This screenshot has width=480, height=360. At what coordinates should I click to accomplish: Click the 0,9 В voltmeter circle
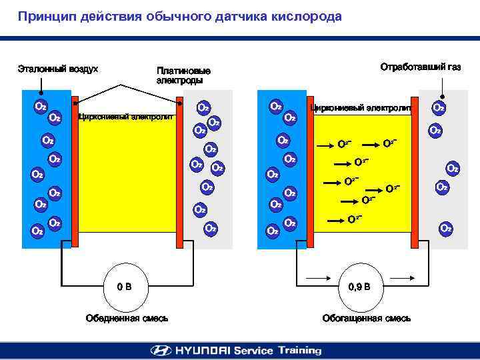[x=363, y=287]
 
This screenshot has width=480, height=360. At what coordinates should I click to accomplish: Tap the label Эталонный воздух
[x=58, y=69]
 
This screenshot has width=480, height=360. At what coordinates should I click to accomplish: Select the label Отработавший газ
[x=420, y=67]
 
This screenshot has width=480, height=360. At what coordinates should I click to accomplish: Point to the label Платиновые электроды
[x=183, y=75]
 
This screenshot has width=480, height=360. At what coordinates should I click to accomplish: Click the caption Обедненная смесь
[x=127, y=318]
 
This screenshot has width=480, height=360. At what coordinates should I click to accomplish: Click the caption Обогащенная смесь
[x=366, y=318]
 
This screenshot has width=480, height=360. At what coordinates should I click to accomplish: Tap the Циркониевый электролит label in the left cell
[x=126, y=117]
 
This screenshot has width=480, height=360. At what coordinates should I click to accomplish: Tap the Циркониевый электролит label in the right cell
[x=361, y=107]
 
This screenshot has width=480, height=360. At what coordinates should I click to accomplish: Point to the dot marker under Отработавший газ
[x=441, y=94]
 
